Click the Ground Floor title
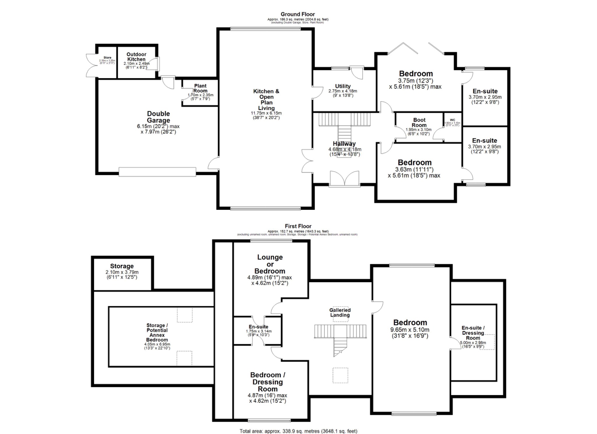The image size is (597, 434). point(298,14)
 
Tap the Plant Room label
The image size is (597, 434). point(200,88)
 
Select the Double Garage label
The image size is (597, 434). point(158,117)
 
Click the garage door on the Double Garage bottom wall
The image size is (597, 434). point(157,172)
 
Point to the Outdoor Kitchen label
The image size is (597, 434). point(136,57)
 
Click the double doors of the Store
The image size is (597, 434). point(91,66)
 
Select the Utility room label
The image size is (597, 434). point(343,86)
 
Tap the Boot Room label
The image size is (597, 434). point(419,122)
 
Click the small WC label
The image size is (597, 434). point(452,120)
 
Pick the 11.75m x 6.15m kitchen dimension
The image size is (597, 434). point(266,113)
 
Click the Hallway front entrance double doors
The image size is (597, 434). point(345,178)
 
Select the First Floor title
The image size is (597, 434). point(298,226)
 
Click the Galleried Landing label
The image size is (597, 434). point(340,312)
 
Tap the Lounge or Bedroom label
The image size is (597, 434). point(270,264)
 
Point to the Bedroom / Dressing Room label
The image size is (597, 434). point(268,382)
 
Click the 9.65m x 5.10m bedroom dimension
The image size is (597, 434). point(410,330)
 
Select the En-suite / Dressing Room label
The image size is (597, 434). point(473,333)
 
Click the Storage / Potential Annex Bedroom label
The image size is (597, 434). point(157,332)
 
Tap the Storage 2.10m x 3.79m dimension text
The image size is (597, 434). point(122,272)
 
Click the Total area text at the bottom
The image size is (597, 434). point(298,431)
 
